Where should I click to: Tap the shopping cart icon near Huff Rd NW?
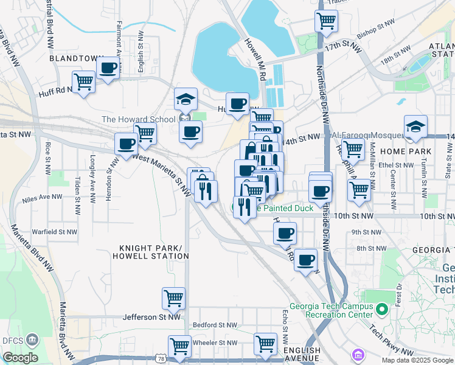pyautogui.click(x=83, y=82)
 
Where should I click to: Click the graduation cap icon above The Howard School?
pyautogui.click(x=186, y=99)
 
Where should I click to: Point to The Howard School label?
pyautogui.click(x=138, y=119)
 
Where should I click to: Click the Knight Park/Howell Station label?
pyautogui.click(x=150, y=252)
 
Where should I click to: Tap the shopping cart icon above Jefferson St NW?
pyautogui.click(x=173, y=299)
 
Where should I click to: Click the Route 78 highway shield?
pyautogui.click(x=159, y=360)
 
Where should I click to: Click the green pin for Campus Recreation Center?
pyautogui.click(x=382, y=310)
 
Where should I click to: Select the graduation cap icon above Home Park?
pyautogui.click(x=415, y=126)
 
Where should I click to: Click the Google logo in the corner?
pyautogui.click(x=20, y=358)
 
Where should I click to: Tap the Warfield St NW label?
pyautogui.click(x=55, y=232)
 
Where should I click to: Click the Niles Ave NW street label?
pyautogui.click(x=42, y=197)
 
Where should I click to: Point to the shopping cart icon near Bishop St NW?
pyautogui.click(x=326, y=21)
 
